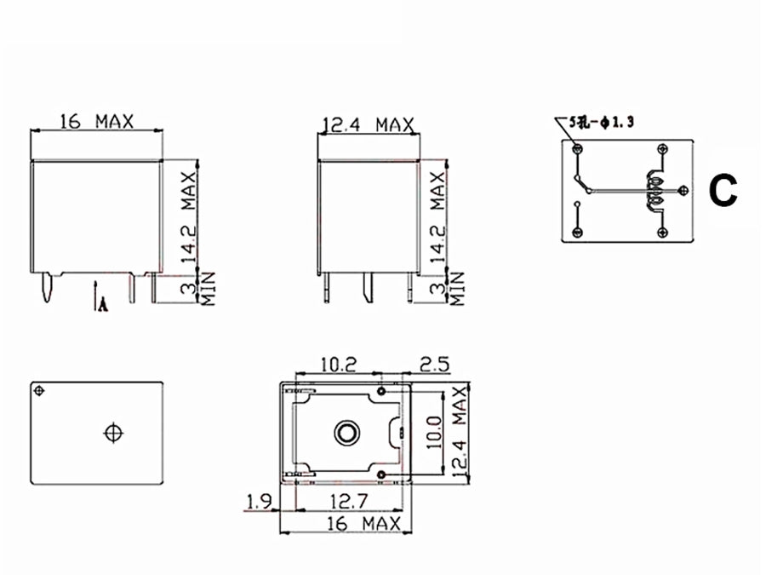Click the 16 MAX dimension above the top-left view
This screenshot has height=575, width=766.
point(96,122)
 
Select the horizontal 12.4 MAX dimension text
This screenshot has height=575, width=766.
point(367,125)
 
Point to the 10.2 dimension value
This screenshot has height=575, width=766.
point(338,364)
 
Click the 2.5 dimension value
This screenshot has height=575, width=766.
point(433,364)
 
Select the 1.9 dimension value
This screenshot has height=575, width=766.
point(259,502)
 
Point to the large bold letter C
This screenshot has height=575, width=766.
point(723,192)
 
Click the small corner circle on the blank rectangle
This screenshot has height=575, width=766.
point(39,390)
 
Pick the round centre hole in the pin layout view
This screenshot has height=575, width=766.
point(346,432)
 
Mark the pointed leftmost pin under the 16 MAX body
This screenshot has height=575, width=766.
point(48,290)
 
